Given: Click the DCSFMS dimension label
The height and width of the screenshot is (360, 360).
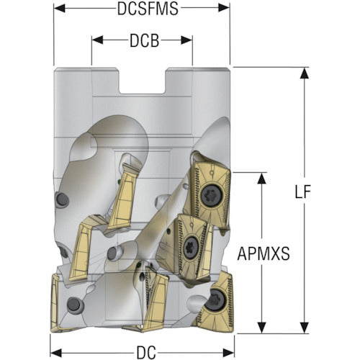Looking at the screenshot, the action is (148, 9).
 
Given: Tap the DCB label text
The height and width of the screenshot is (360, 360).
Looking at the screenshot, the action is (145, 40).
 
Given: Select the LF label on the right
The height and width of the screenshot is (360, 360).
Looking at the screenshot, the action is (303, 192).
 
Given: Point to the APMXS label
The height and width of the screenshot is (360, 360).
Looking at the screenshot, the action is (264, 254).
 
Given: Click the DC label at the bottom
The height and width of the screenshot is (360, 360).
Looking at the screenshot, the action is (146, 353).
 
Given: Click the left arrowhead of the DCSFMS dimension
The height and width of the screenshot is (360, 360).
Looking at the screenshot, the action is (60, 8).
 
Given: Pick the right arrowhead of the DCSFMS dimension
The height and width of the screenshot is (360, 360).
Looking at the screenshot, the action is (224, 8).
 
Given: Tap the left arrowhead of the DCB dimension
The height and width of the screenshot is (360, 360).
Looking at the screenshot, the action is (97, 40).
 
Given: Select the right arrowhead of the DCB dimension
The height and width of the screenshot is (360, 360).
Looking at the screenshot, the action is (186, 40).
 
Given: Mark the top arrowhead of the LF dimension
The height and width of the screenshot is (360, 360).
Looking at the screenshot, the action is (305, 73).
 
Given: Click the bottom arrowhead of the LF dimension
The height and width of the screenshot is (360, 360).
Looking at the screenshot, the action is (305, 328).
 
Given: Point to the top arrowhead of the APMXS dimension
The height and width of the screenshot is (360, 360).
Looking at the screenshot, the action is (261, 179).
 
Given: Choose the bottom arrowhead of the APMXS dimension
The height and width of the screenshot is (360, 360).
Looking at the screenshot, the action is (261, 328).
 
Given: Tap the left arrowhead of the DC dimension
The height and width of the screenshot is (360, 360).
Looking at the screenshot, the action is (56, 353).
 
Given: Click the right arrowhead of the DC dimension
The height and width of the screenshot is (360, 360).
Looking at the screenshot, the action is (228, 353).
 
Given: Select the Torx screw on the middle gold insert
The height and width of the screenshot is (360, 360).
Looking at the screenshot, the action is (192, 248).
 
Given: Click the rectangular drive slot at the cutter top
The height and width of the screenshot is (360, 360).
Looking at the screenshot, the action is (142, 81).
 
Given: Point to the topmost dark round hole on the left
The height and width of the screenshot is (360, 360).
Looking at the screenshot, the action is (62, 199).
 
